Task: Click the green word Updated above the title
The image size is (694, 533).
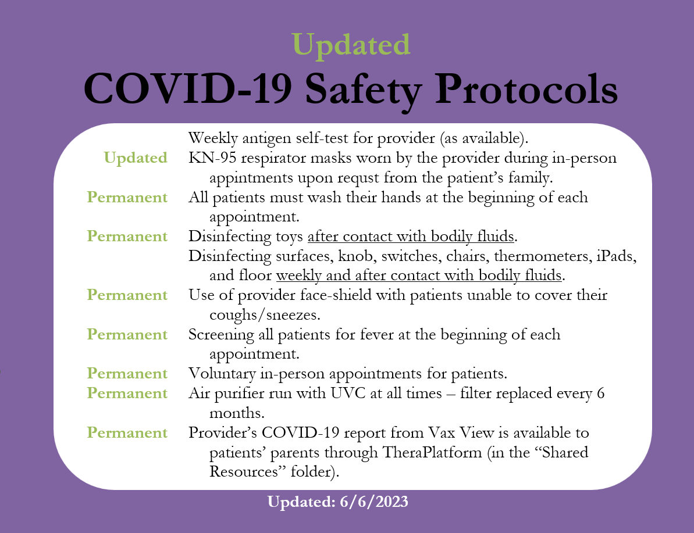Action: click(351, 44)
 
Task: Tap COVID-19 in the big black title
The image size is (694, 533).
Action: click(188, 88)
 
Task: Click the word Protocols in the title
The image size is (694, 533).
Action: click(526, 88)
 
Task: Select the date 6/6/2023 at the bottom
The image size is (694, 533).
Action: click(374, 502)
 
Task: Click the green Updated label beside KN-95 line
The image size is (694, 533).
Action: click(136, 158)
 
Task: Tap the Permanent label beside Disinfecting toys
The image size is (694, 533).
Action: click(127, 236)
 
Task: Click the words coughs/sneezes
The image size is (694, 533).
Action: click(265, 315)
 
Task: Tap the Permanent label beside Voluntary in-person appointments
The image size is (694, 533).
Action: click(127, 373)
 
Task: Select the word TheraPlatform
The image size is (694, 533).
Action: click(432, 452)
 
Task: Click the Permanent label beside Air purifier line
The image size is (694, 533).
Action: click(127, 394)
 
